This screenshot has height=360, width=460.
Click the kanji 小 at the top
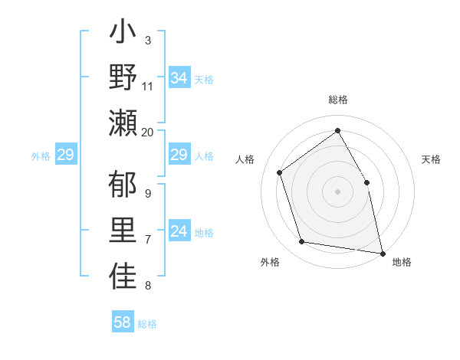click(123, 35)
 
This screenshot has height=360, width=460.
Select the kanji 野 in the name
click(123, 77)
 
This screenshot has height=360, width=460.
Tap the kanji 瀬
click(123, 122)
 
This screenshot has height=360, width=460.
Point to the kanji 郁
click(123, 187)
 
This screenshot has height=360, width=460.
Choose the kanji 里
click(123, 231)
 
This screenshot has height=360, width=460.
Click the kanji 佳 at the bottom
click(123, 277)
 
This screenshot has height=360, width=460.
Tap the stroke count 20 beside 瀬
click(148, 132)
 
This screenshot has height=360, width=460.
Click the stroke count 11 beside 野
click(148, 87)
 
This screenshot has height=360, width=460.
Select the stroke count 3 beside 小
click(148, 40)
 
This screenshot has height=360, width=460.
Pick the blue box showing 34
click(179, 78)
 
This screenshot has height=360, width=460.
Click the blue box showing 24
click(179, 232)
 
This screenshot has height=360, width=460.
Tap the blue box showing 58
click(123, 322)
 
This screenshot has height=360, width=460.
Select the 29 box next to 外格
click(65, 155)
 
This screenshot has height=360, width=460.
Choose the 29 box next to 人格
click(179, 155)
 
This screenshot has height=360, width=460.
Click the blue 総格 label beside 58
click(147, 324)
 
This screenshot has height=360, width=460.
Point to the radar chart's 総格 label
click(337, 100)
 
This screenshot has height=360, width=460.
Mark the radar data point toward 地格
click(382, 252)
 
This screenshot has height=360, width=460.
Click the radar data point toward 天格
click(366, 182)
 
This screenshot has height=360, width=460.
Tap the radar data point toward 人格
click(280, 172)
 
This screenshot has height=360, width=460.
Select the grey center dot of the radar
click(337, 191)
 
